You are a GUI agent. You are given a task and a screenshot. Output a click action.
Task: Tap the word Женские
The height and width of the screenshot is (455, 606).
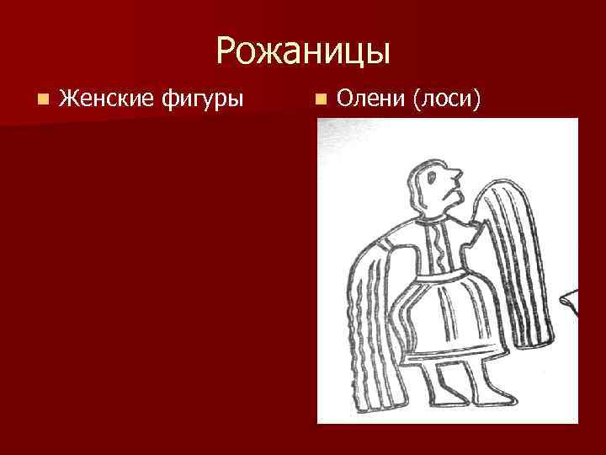click(106, 100)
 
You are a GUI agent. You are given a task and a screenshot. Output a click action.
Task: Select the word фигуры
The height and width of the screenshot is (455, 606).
click(202, 100)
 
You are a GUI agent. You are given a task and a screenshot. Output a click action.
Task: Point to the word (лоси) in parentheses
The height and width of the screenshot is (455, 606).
click(447, 100)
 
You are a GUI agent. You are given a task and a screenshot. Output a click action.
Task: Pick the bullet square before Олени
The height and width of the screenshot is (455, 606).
click(319, 101)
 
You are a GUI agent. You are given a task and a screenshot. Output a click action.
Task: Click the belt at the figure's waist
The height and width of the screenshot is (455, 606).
click(442, 276)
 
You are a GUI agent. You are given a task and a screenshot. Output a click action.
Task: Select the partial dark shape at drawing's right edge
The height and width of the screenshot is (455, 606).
click(571, 299)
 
